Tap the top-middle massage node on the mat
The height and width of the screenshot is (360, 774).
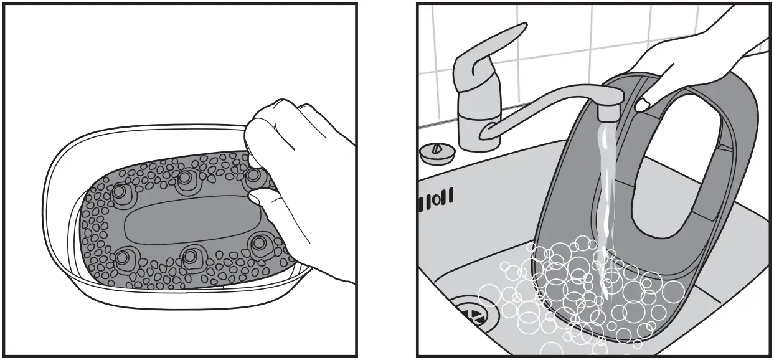pos(185,180)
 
